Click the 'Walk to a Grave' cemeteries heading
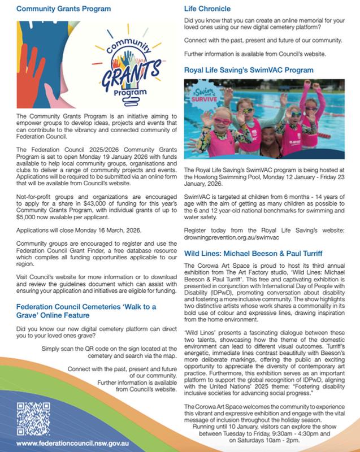pyautogui.click(x=88, y=311)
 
